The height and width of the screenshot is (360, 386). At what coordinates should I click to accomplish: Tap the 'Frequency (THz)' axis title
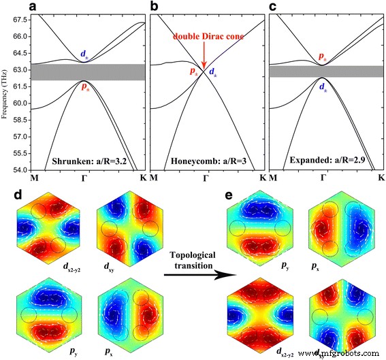(x=6, y=95)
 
